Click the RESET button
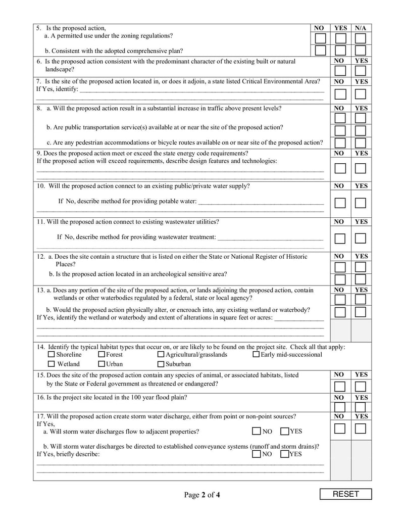pyautogui.click(x=345, y=494)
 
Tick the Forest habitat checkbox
pyautogui.click(x=102, y=355)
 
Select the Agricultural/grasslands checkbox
pyautogui.click(x=161, y=355)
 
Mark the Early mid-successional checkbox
pyautogui.click(x=256, y=355)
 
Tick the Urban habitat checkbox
pyautogui.click(x=102, y=364)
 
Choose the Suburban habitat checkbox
pyautogui.click(x=161, y=364)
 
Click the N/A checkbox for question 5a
pyautogui.click(x=360, y=38)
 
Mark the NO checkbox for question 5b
pyautogui.click(x=320, y=50)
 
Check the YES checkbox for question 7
pyautogui.click(x=360, y=94)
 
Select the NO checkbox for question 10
pyautogui.click(x=340, y=203)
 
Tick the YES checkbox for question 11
pyautogui.click(x=360, y=238)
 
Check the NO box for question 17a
pyautogui.click(x=257, y=432)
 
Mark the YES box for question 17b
pyautogui.click(x=285, y=454)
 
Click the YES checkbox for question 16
pyautogui.click(x=360, y=407)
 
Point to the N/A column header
pyautogui.click(x=360, y=28)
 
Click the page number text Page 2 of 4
pyautogui.click(x=202, y=495)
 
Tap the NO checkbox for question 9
pyautogui.click(x=340, y=168)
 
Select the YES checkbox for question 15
pyautogui.click(x=360, y=387)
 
